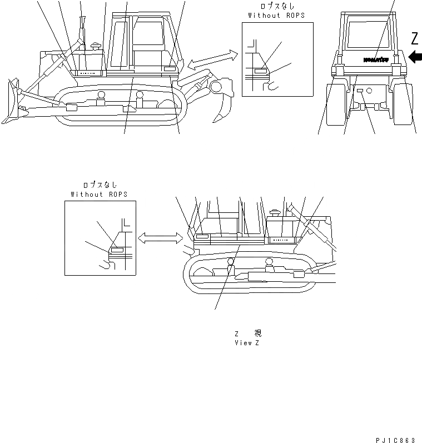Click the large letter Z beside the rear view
click(x=414, y=38)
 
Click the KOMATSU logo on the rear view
click(x=375, y=58)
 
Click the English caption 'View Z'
click(x=247, y=343)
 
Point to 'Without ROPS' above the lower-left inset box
click(x=99, y=194)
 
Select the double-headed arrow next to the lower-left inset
click(x=160, y=238)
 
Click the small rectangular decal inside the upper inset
click(x=260, y=72)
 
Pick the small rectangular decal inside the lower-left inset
click(x=117, y=251)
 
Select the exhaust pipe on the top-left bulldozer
click(x=84, y=31)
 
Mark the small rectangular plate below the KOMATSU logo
click(x=360, y=90)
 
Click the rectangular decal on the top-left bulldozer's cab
click(x=170, y=68)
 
